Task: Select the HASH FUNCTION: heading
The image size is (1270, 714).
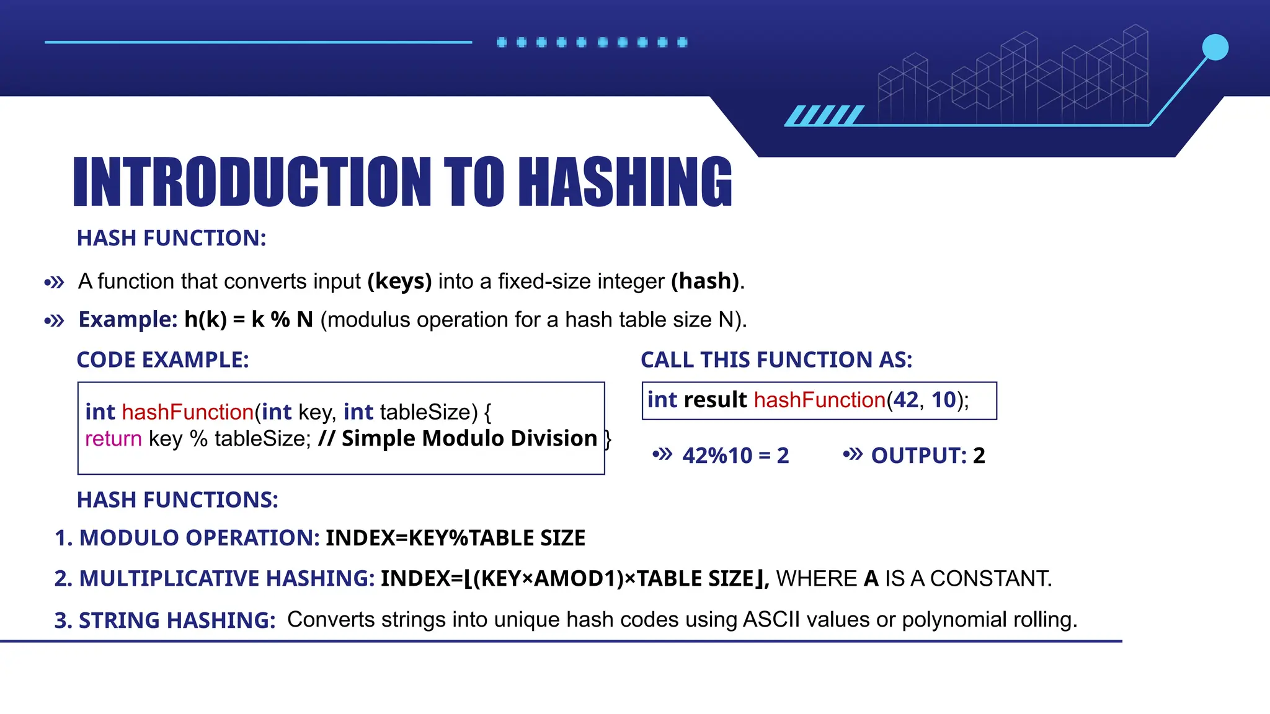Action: pos(171,238)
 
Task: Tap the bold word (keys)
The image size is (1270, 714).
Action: pos(399,281)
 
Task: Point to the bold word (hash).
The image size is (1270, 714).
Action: pos(705,281)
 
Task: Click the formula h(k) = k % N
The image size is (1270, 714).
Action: pos(249,320)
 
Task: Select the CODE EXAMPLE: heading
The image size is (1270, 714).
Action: pos(162,360)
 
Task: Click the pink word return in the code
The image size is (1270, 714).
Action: pos(113,439)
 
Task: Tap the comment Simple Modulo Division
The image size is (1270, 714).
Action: pos(469,439)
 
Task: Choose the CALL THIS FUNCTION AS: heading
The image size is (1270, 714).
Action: pos(776,360)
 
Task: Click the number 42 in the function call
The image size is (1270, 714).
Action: pos(906,400)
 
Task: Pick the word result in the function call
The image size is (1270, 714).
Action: pos(715,400)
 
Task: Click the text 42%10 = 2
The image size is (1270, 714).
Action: pos(735,456)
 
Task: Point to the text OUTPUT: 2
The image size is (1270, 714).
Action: pos(928,456)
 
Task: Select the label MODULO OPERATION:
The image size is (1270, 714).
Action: pos(198,538)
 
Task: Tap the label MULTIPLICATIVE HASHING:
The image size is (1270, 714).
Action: pos(226,579)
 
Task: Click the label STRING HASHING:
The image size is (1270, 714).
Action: pos(177,620)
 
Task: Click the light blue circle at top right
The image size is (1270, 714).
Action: pos(1215,48)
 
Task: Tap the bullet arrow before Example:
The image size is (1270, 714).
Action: pos(55,321)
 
